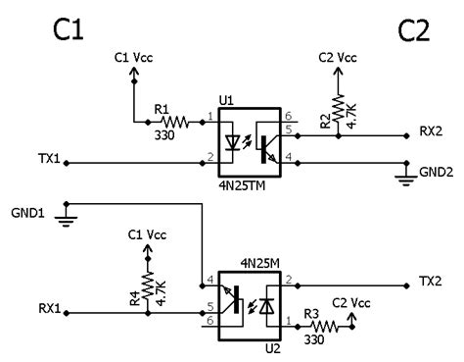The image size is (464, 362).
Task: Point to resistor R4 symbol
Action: click(x=148, y=285)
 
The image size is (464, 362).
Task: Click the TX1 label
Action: click(x=48, y=158)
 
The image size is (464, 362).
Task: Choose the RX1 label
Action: click(x=48, y=308)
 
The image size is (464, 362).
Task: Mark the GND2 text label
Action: click(x=435, y=170)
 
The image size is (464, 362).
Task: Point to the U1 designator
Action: click(x=227, y=100)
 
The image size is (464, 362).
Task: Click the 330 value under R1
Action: click(x=163, y=136)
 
